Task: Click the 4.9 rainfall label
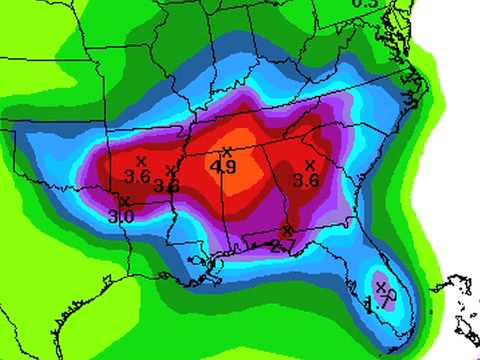click(x=225, y=168)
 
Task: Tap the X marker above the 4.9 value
click(x=227, y=152)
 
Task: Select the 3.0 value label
click(x=122, y=216)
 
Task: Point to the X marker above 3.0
click(x=125, y=202)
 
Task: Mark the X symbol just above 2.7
click(x=288, y=231)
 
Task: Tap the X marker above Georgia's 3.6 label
click(x=309, y=165)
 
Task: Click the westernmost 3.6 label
click(x=137, y=177)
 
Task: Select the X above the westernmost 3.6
click(x=141, y=161)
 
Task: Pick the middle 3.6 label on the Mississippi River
click(x=167, y=185)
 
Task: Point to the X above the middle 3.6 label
click(x=171, y=170)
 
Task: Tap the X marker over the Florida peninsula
click(x=381, y=287)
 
